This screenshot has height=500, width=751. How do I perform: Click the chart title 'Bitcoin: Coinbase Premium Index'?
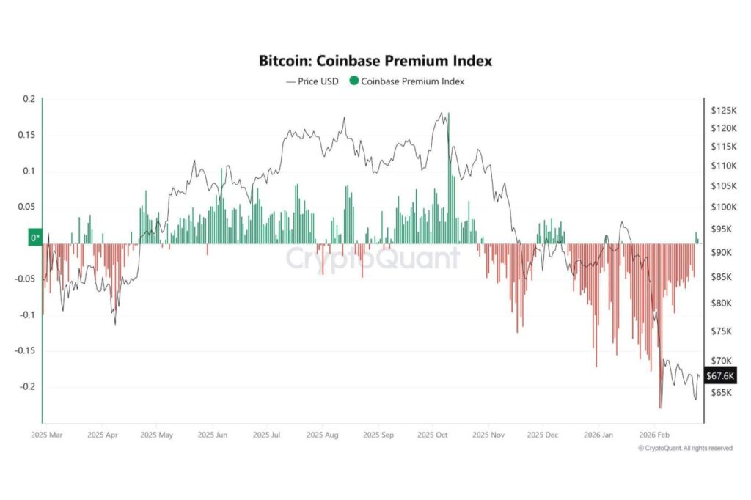coord(375,60)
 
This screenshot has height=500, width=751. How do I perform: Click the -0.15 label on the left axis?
coord(25,350)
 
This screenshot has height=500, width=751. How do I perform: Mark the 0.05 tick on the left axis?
coord(26,207)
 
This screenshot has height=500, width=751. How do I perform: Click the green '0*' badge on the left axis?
coord(34,238)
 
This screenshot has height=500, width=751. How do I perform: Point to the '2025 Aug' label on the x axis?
coord(322,434)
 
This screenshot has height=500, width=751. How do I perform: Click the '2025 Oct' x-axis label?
coord(432,434)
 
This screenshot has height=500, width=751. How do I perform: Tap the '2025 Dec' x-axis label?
coord(542,434)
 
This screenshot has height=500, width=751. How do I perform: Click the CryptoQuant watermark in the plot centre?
coord(372,259)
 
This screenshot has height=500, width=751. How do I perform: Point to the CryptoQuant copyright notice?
coord(684,448)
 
